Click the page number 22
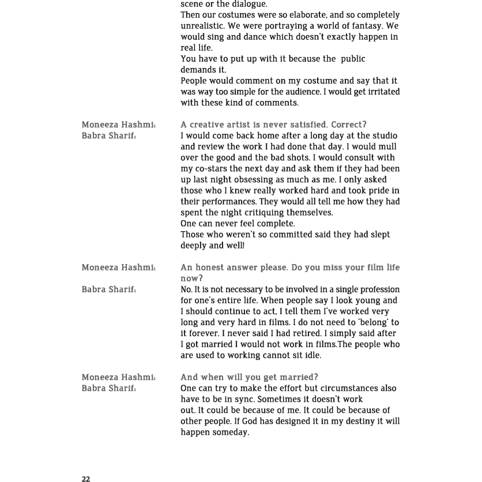coord(86,479)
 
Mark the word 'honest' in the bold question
coord(211,268)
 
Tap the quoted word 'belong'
coord(372,322)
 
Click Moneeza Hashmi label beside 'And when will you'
coord(119,377)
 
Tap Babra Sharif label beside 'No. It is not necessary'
coord(109,289)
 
